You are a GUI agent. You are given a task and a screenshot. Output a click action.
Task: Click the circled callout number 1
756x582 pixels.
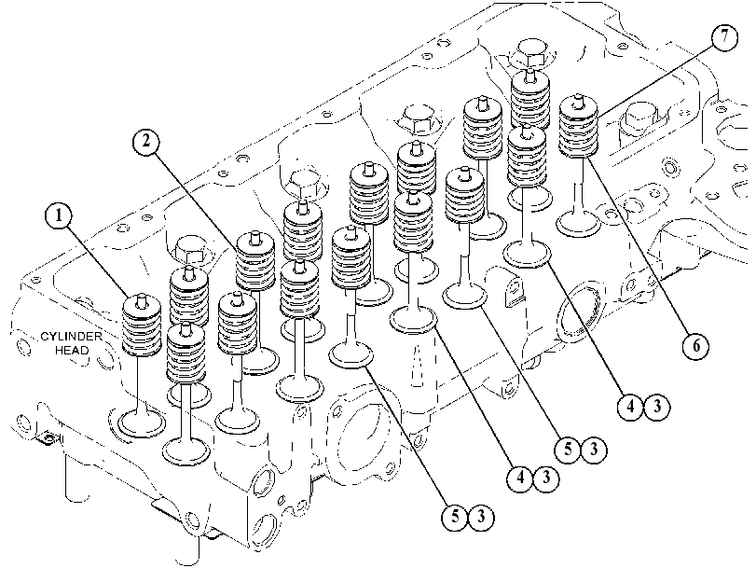pyautogui.click(x=59, y=215)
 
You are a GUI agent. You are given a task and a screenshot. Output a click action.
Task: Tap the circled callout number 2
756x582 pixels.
pyautogui.click(x=146, y=142)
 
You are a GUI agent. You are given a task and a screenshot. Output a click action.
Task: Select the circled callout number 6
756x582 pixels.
pyautogui.click(x=695, y=345)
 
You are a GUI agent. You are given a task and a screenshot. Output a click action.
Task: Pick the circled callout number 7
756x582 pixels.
pyautogui.click(x=724, y=37)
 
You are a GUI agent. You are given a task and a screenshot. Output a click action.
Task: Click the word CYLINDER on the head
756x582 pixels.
pyautogui.click(x=71, y=337)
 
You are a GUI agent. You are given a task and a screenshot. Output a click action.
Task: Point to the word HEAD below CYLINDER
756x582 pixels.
pyautogui.click(x=73, y=350)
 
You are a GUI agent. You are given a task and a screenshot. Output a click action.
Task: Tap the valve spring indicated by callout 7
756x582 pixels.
pyautogui.click(x=579, y=128)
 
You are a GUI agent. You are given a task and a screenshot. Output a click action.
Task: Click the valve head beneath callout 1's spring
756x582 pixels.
pyautogui.click(x=143, y=422)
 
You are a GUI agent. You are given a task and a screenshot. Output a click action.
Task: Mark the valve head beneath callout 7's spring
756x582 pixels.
pyautogui.click(x=578, y=224)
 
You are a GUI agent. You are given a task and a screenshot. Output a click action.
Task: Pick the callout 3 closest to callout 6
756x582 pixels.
pyautogui.click(x=657, y=407)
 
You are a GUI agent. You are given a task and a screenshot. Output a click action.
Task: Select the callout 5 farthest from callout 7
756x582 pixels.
pyautogui.click(x=456, y=517)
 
